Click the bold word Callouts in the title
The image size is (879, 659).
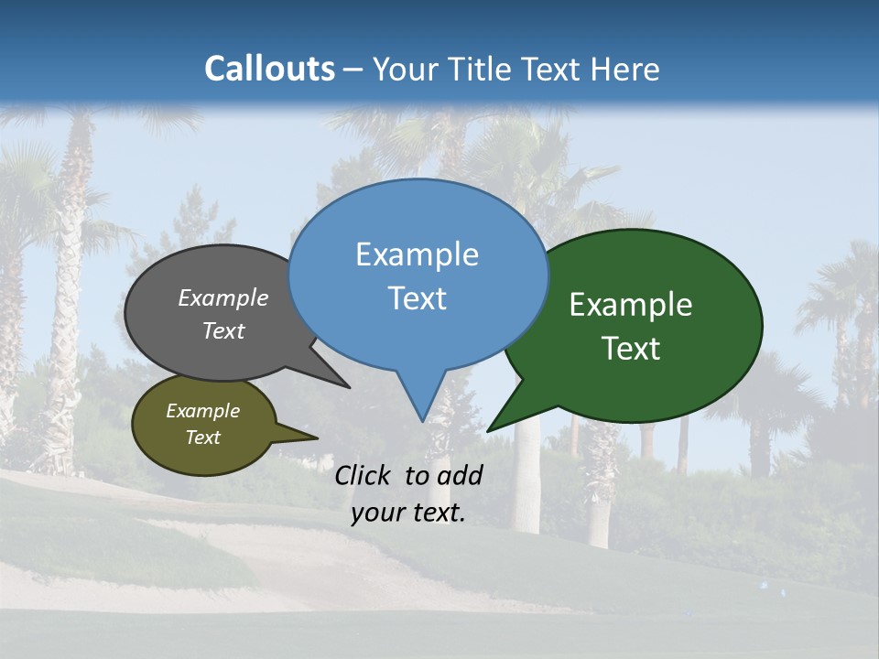pyautogui.click(x=269, y=69)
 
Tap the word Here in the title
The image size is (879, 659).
pyautogui.click(x=625, y=69)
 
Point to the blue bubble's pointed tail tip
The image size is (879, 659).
pyautogui.click(x=422, y=420)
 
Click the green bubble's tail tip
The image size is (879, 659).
pyautogui.click(x=488, y=430)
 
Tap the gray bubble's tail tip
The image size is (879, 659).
pyautogui.click(x=349, y=387)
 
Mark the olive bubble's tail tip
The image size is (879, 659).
pyautogui.click(x=317, y=438)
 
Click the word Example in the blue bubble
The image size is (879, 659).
pyautogui.click(x=417, y=254)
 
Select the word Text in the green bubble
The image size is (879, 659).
pyautogui.click(x=631, y=349)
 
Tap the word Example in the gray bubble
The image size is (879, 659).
pyautogui.click(x=223, y=298)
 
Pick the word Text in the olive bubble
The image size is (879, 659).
pyautogui.click(x=203, y=438)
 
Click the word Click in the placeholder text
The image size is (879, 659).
pyautogui.click(x=365, y=475)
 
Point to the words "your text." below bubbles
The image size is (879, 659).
pyautogui.click(x=408, y=513)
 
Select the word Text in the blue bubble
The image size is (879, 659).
pyautogui.click(x=418, y=298)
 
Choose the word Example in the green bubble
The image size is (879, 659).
pyautogui.click(x=631, y=305)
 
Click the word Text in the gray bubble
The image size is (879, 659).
pyautogui.click(x=223, y=330)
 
